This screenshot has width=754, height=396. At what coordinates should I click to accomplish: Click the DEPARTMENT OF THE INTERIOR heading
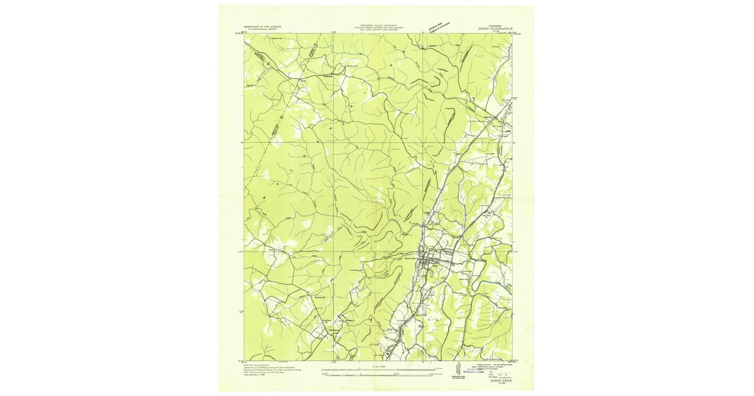[263, 26]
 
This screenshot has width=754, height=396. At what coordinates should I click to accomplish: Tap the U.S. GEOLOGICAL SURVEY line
[263, 30]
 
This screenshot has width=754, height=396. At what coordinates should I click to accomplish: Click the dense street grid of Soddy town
[434, 260]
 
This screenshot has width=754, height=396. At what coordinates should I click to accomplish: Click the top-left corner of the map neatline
[244, 34]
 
